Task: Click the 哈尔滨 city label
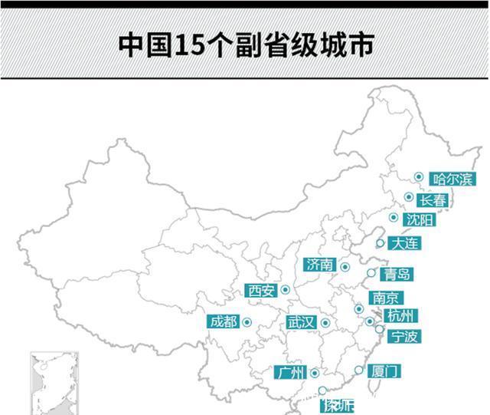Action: point(452,180)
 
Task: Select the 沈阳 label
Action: point(420,220)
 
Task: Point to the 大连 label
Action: point(404,244)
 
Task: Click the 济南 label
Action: point(320,265)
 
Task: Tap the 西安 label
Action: point(261,290)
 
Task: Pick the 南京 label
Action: point(385,298)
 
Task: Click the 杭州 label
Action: point(401,315)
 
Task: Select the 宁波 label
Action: point(405,336)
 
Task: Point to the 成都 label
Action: point(223,321)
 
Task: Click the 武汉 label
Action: point(301,322)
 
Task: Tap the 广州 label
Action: point(289,373)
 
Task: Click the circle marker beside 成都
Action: point(247,322)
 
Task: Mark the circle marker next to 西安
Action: point(285,290)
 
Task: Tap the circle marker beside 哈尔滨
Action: point(419,177)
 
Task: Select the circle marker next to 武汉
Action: point(325,323)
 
